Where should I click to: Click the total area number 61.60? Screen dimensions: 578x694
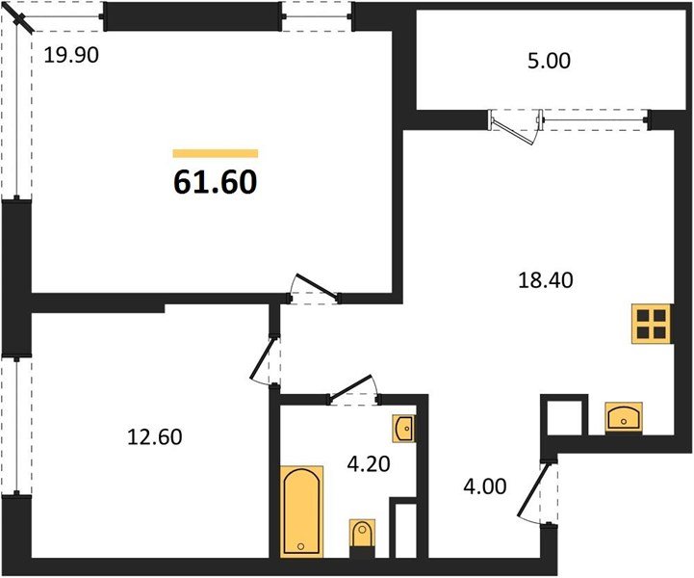tap(216, 181)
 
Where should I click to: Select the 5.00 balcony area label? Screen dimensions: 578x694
tap(548, 63)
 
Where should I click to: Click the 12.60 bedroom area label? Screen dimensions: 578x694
tap(155, 437)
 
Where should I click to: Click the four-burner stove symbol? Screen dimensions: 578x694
tap(651, 324)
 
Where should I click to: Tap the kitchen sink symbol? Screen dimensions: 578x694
tap(625, 418)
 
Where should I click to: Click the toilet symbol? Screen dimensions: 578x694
tap(361, 535)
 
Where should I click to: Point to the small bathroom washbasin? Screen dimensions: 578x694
tap(404, 427)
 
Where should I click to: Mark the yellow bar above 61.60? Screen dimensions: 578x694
tap(216, 153)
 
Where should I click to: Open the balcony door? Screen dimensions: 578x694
tap(515, 127)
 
